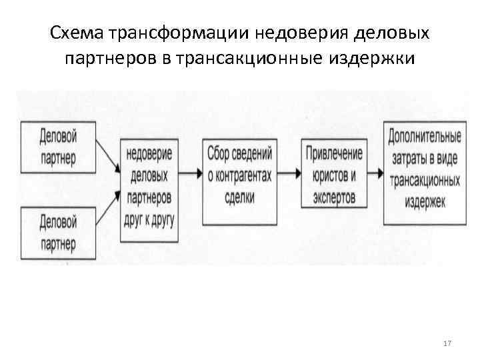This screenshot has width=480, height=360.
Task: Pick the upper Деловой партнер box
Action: [x=58, y=147]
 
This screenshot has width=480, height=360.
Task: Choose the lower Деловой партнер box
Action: [x=58, y=231]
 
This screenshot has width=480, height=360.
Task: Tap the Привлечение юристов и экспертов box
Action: [x=334, y=175]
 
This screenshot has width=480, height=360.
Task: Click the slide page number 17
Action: [x=447, y=343]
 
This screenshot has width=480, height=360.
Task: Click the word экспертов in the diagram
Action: [x=333, y=197]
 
